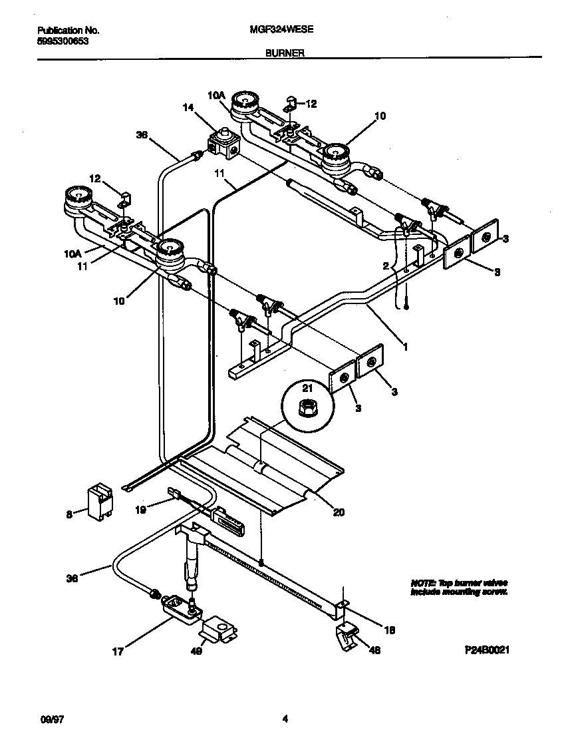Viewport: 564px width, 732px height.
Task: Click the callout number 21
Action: (307, 388)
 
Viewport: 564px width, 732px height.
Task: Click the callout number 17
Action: (117, 652)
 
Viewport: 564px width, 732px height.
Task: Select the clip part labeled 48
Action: (347, 638)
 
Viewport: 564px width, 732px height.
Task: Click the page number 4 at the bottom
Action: (285, 719)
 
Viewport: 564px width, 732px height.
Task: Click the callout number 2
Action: (385, 266)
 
